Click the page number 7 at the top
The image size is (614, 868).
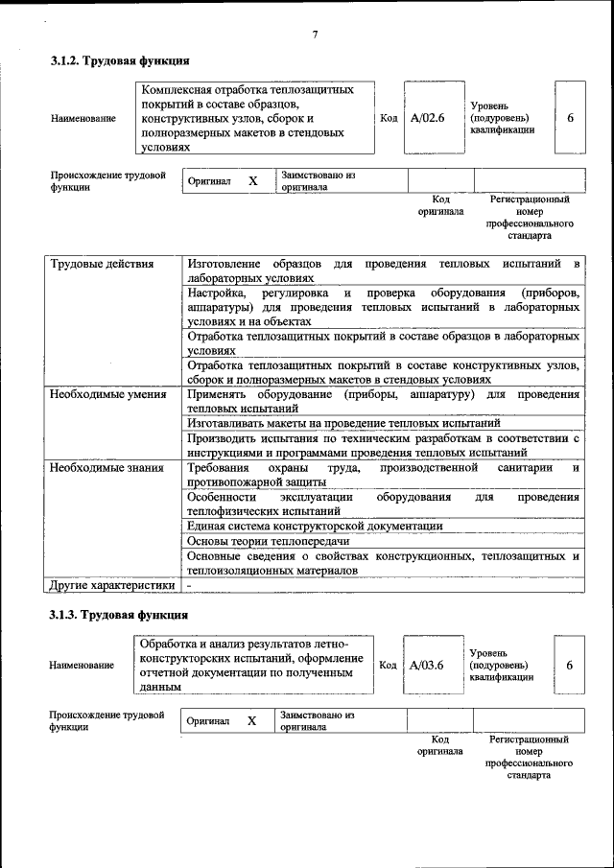[x=314, y=35]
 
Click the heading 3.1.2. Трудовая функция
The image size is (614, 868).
[x=119, y=61]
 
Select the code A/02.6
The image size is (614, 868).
[x=427, y=118]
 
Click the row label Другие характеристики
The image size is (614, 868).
[x=112, y=584]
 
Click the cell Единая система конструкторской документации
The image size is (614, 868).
[x=315, y=526]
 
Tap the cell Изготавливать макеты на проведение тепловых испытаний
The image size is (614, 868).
[x=343, y=422]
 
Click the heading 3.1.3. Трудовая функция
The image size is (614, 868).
[x=119, y=615]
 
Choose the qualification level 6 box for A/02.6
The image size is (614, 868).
[x=570, y=118]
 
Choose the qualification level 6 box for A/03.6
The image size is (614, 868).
[x=570, y=665]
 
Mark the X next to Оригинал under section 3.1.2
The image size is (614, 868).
[x=253, y=180]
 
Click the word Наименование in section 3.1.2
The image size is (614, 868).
[x=83, y=119]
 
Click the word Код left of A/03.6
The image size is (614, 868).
[x=389, y=665]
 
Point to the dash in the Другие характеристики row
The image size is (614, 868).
[x=190, y=584]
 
